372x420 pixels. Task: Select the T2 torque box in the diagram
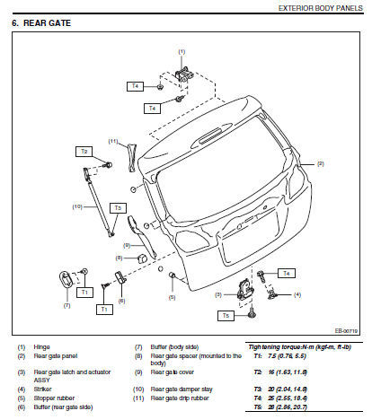pyautogui.click(x=84, y=151)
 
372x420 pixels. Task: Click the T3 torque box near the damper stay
pyautogui.click(x=117, y=207)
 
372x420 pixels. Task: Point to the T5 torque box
pyautogui.click(x=226, y=316)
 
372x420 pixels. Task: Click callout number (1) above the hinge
pyautogui.click(x=181, y=52)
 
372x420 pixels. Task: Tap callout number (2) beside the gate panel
pyautogui.click(x=320, y=163)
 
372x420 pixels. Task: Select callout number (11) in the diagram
pyautogui.click(x=113, y=141)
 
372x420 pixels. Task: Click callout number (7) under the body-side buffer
pyautogui.click(x=66, y=305)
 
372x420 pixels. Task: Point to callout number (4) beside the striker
pyautogui.click(x=297, y=294)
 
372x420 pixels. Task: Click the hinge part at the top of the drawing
pyautogui.click(x=182, y=75)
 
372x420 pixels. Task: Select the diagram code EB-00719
pyautogui.click(x=347, y=330)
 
